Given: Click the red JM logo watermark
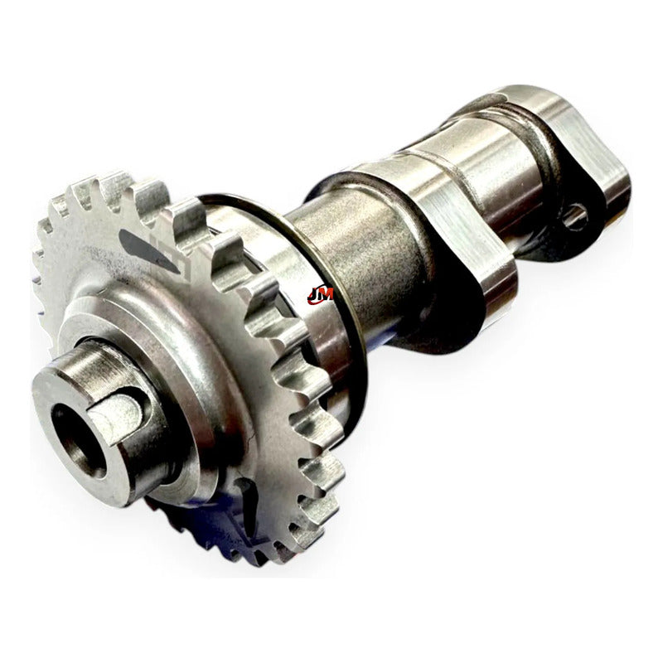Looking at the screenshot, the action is point(320,295).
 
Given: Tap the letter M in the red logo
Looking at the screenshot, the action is point(327,294).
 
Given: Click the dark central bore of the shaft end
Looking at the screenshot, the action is point(77,442).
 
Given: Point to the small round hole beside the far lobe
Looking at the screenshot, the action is point(575,216).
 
